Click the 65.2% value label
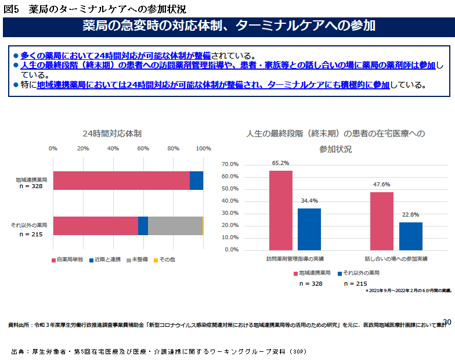coord(280,163)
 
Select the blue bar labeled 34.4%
coord(309,229)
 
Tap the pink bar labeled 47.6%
coord(382,221)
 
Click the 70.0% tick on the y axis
coord(230,164)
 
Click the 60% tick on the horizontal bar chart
coord(143,149)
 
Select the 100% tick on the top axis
coord(203,149)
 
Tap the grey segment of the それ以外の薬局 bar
coord(175,225)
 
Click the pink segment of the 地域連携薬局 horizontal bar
coord(121,181)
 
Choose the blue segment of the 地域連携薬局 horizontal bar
coord(196,181)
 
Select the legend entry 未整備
coord(137,259)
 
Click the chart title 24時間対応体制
coord(112,134)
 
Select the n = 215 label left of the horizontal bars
coord(32,234)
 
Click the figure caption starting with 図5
coord(95,9)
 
